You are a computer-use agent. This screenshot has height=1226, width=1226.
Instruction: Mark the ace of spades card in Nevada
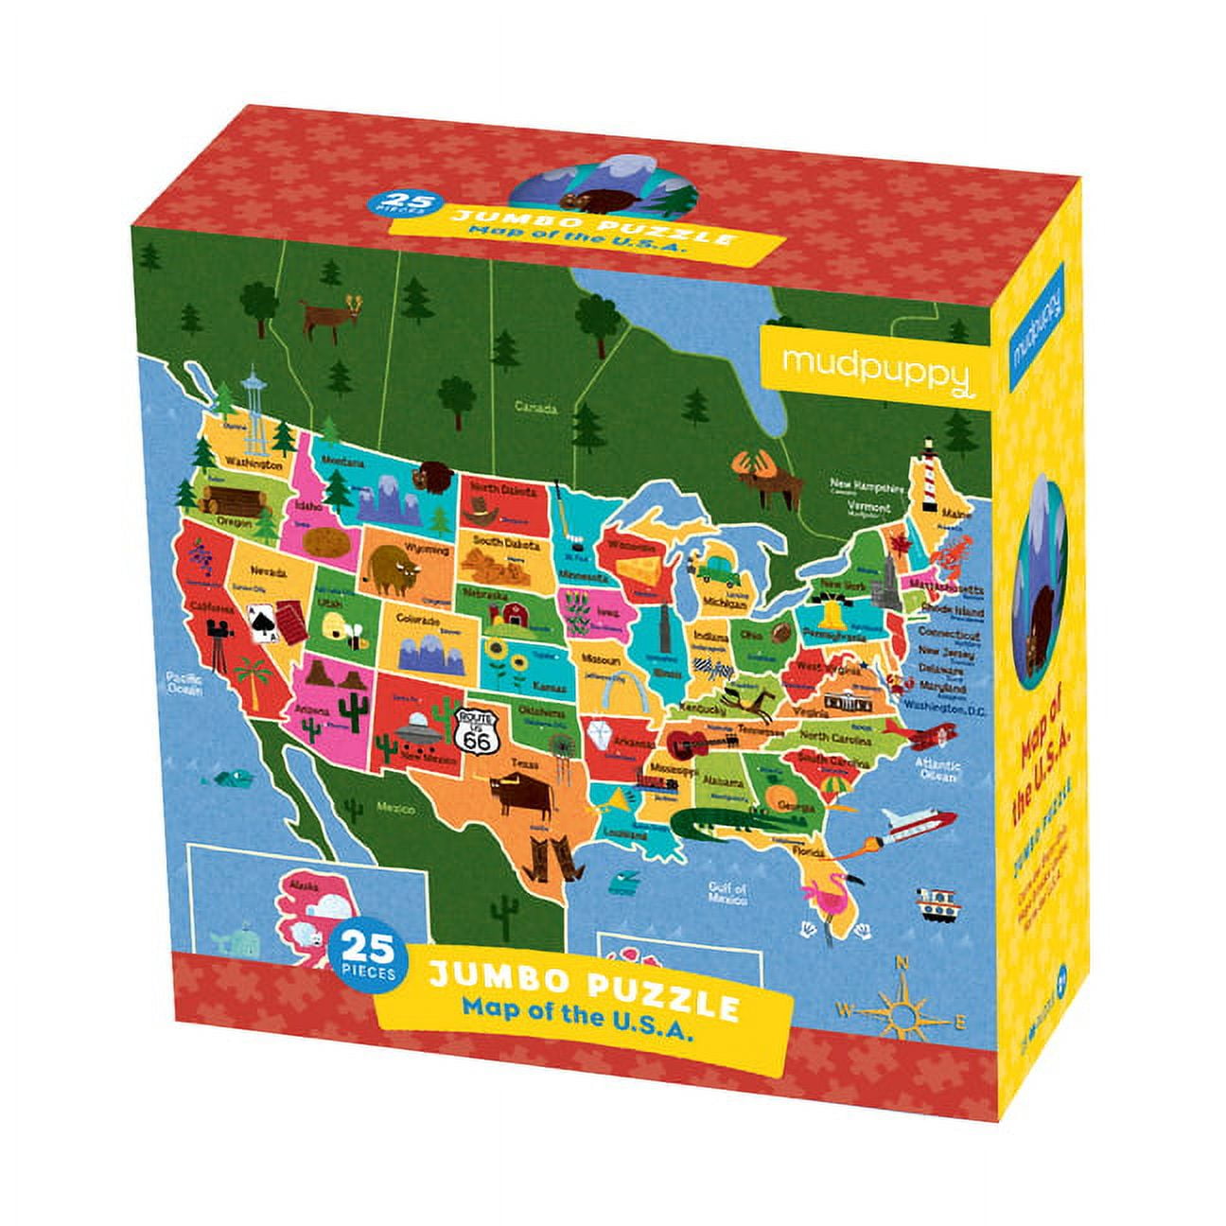(259, 622)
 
